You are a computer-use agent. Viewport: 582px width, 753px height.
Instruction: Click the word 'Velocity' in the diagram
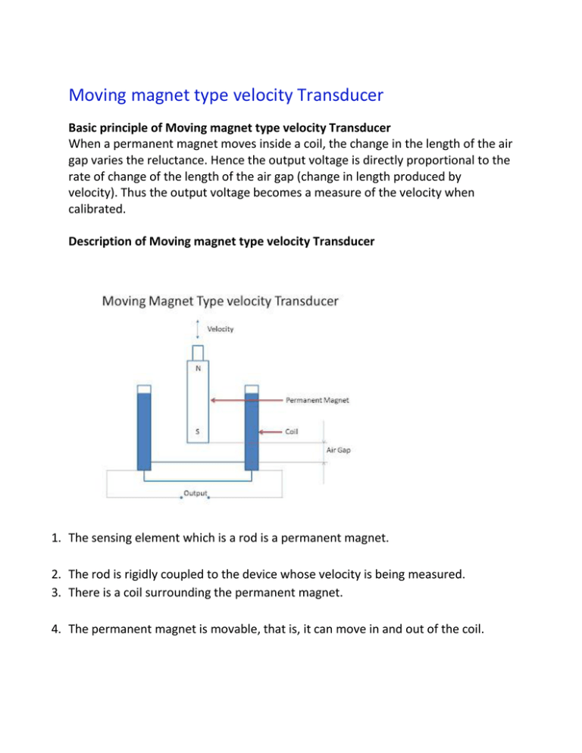[x=221, y=330]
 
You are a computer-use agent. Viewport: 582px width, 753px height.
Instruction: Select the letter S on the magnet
[x=198, y=433]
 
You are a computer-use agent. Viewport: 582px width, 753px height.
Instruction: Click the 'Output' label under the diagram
[x=196, y=493]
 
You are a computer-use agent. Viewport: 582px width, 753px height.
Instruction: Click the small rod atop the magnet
[x=198, y=353]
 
